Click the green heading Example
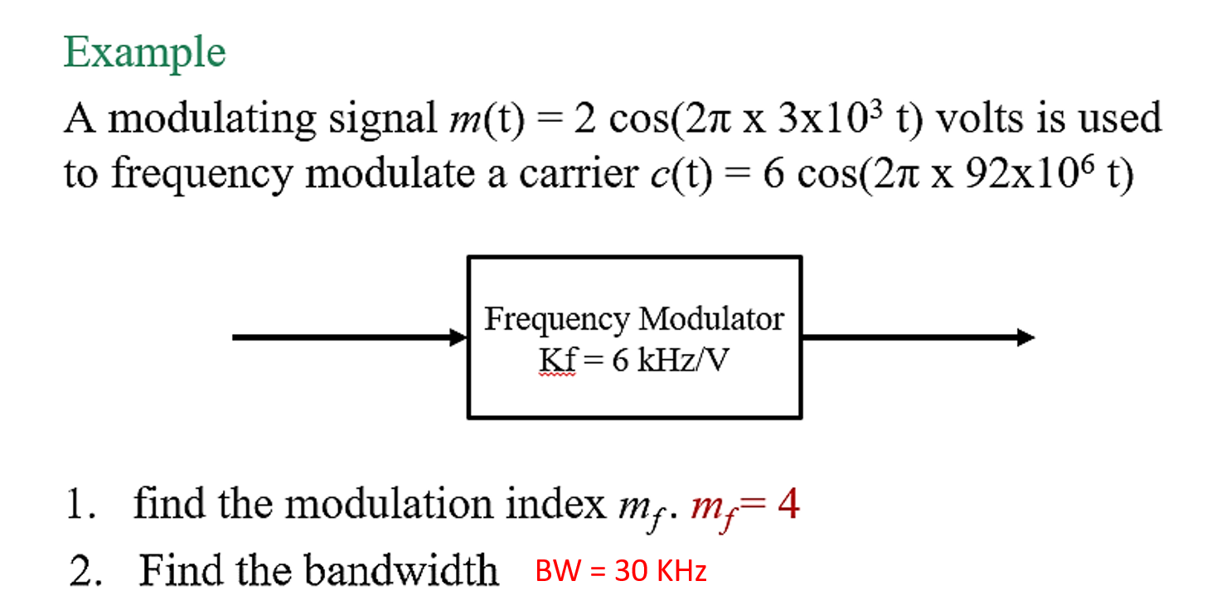(144, 54)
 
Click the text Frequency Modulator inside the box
(634, 319)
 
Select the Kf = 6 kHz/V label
(634, 361)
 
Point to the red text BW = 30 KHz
(621, 571)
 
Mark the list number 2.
(82, 571)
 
